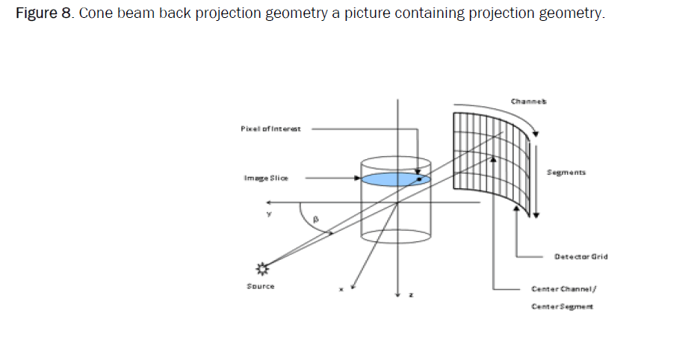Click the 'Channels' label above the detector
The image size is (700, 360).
528,101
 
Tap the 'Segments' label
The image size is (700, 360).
566,172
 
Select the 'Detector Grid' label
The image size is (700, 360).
580,256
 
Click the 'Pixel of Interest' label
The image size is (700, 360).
270,128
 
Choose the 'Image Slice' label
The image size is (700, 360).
265,178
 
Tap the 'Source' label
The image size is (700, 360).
261,286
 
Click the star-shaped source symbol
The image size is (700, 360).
262,267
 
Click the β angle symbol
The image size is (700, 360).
315,220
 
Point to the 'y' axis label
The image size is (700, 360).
269,214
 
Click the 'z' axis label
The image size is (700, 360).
410,295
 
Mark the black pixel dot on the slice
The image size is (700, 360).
419,179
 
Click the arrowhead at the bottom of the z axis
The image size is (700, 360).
397,292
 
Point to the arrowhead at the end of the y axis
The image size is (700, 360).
273,202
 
